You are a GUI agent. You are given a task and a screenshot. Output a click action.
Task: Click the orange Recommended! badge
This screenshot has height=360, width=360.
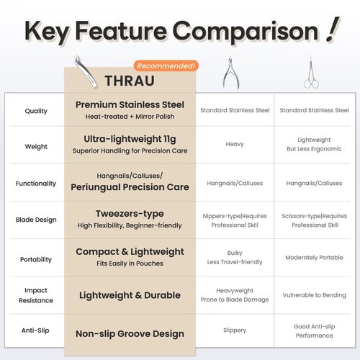coord(166,66)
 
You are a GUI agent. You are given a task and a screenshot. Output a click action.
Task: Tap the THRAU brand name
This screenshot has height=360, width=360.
coord(130,81)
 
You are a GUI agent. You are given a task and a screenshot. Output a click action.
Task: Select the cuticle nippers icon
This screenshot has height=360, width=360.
coord(231,73)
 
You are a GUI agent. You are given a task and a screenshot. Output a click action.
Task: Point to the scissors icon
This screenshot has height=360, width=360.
coord(311,73)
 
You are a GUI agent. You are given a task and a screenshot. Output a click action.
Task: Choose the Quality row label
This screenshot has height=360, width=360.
coord(36,111)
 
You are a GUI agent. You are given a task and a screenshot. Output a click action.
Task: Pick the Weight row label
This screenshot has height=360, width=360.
coord(36,146)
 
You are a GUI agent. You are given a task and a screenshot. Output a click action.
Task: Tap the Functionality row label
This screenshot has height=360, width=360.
coord(36,184)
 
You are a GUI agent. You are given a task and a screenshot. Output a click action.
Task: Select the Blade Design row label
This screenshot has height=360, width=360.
coord(36,220)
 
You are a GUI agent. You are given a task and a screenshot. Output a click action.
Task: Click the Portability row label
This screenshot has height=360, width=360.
coord(36,259)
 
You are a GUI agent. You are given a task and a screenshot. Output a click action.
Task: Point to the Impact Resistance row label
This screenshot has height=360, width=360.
coord(36,295)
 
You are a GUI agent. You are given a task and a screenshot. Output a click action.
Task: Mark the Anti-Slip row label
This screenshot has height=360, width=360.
coord(35,330)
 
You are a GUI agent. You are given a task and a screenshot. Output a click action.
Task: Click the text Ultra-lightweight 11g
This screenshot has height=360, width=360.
coord(130,139)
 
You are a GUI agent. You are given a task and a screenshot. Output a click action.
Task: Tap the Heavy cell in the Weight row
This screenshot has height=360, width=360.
coord(235,144)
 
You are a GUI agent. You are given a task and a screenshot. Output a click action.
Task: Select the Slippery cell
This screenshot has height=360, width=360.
coord(235,330)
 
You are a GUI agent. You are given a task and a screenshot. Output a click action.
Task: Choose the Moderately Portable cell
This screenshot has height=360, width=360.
coord(314,257)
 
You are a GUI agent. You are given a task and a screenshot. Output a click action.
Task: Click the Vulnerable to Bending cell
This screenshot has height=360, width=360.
coord(315,295)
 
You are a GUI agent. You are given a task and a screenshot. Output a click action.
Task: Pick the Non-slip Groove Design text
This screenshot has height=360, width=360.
coord(130,333)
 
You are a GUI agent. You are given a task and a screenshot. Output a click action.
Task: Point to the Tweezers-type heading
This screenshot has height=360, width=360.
coord(130,214)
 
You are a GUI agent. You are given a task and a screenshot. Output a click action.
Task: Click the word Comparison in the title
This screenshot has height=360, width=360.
coord(246,32)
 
